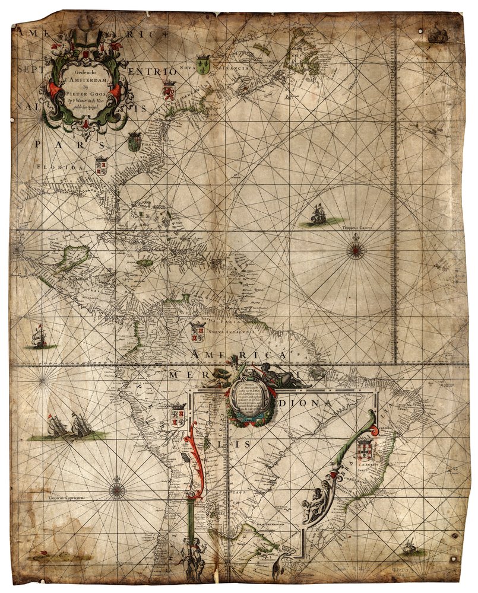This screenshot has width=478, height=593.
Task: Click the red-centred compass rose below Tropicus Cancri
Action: [356, 250]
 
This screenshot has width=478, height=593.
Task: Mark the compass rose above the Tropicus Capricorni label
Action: [117, 490]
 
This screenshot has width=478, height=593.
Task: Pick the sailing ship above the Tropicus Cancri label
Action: [319, 214]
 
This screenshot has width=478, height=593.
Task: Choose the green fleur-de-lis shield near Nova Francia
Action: [203, 65]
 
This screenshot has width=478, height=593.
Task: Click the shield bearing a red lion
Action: [169, 92]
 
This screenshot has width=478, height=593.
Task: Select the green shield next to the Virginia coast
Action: [134, 141]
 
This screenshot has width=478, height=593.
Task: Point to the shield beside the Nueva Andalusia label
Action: [197, 332]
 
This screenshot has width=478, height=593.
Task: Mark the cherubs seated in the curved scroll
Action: [315, 503]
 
